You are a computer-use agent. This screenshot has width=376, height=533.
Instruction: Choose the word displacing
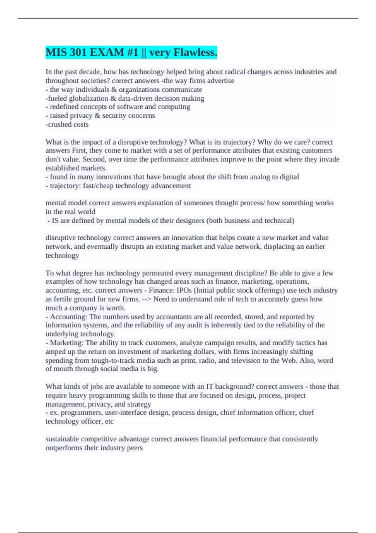pyautogui.click(x=279, y=246)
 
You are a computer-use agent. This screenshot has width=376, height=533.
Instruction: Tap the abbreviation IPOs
pyautogui.click(x=184, y=290)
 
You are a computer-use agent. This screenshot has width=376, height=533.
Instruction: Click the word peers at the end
pyautogui.click(x=135, y=448)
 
